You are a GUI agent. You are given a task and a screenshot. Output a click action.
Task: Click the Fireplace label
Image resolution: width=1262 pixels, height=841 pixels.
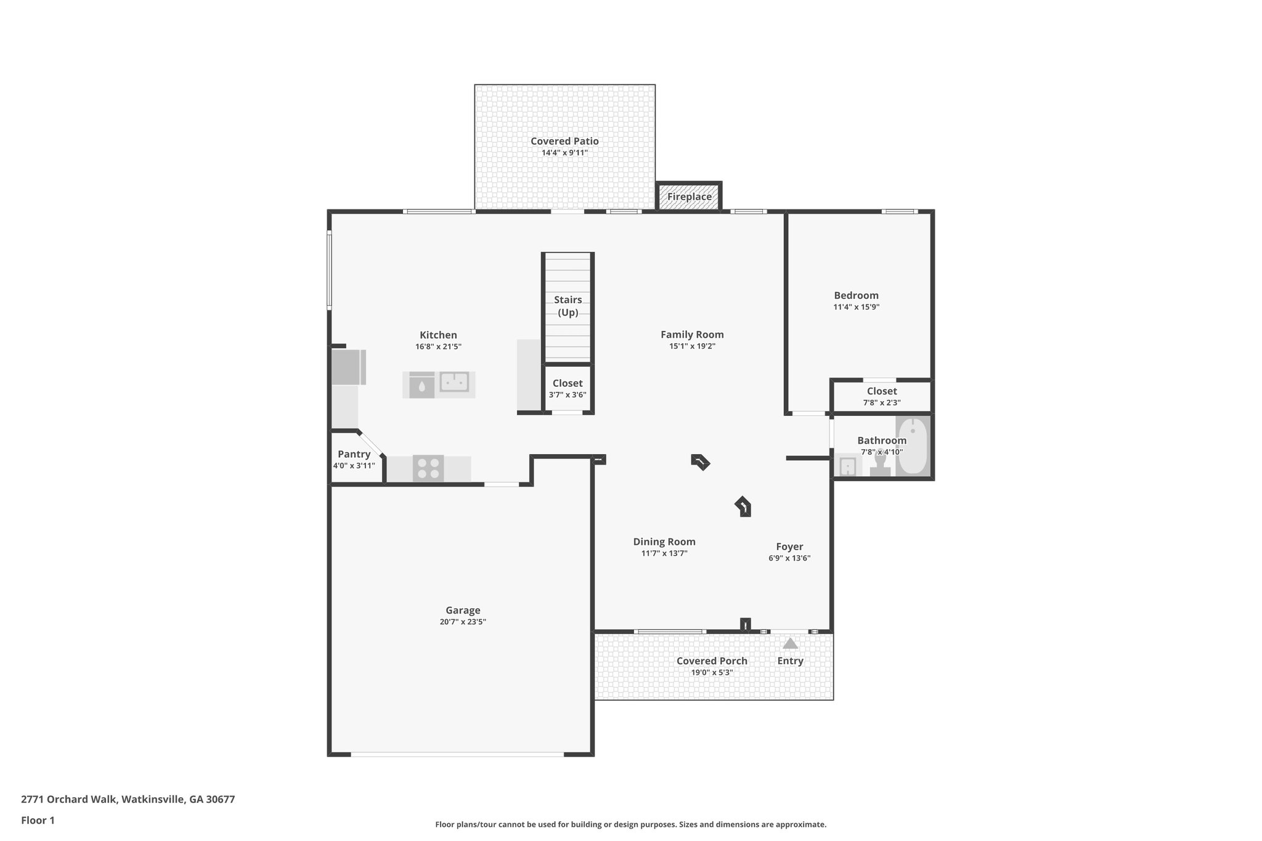[689, 197]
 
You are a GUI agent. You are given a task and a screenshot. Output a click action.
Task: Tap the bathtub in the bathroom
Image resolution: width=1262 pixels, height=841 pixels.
[913, 446]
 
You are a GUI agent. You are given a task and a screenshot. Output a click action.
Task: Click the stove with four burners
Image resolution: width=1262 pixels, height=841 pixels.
[428, 468]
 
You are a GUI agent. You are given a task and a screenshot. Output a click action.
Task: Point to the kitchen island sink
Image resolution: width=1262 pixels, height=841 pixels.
[454, 382]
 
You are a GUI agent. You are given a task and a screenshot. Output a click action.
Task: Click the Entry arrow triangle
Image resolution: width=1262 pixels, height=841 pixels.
[790, 644]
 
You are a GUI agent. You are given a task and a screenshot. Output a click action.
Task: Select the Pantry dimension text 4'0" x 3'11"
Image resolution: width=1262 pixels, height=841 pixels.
[354, 466]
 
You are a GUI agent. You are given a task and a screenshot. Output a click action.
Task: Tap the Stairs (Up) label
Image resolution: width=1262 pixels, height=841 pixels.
[568, 306]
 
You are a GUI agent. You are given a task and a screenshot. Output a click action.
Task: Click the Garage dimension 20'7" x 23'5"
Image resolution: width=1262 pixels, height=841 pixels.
[463, 622]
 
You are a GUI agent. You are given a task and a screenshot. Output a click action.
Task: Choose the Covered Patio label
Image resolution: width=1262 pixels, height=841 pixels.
[564, 141]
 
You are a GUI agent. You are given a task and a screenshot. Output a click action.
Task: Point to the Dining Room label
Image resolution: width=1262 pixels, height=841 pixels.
[664, 542]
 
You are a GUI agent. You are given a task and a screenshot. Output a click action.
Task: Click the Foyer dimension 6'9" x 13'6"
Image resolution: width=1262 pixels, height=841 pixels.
[789, 558]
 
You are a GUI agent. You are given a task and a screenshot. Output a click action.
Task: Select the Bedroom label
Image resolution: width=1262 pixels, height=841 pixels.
[856, 295]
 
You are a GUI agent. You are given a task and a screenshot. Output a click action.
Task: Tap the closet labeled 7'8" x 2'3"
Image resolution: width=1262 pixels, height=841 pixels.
[881, 396]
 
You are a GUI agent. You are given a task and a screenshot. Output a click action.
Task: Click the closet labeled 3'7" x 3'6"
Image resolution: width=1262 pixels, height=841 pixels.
[568, 389]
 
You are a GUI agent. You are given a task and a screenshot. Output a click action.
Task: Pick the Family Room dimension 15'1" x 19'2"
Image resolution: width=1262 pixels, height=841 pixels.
[692, 346]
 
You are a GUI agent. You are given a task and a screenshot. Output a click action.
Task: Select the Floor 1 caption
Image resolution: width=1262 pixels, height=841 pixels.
[38, 820]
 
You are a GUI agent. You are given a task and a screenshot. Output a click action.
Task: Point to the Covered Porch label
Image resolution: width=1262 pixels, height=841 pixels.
[711, 660]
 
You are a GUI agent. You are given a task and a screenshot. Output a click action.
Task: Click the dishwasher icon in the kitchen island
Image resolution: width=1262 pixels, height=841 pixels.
[421, 385]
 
